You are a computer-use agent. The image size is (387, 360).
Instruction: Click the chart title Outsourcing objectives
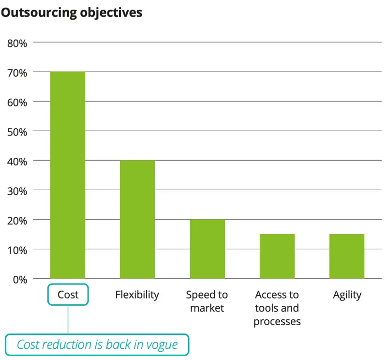coord(72,12)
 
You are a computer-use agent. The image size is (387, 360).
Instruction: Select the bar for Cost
coord(68,175)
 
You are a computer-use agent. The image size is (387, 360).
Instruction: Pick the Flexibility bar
coord(137,219)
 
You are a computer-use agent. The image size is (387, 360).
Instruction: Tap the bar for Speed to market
coord(207,249)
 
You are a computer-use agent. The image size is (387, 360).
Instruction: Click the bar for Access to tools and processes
coord(277,256)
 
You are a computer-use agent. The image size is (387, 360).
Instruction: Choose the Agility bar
coord(346,256)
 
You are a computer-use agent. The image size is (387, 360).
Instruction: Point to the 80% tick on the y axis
coord(17,43)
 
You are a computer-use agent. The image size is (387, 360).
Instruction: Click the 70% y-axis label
coord(17,72)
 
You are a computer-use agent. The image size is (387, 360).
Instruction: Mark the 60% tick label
coord(17,102)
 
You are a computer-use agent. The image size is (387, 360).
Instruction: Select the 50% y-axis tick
coord(17,131)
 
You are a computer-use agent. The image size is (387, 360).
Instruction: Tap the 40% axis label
coord(17,161)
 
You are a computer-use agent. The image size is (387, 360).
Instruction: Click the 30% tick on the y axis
coord(17,190)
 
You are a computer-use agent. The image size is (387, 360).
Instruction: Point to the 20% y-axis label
coord(17,220)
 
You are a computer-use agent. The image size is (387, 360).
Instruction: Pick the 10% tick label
coord(17,249)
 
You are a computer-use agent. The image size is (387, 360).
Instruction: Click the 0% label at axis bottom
coord(20,279)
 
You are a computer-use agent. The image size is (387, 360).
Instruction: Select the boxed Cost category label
coord(68,294)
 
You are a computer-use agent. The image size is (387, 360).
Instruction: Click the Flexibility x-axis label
coord(137,294)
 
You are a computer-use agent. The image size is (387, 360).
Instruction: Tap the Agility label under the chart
coord(347,294)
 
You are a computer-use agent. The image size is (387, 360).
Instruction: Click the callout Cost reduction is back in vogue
coord(97,345)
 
